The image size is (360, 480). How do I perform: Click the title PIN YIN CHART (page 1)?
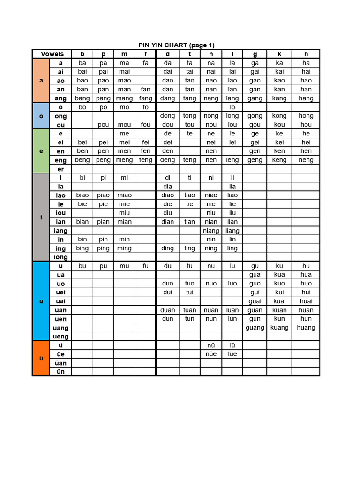pyautogui.click(x=176, y=45)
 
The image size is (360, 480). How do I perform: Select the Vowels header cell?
pyautogui.click(x=52, y=54)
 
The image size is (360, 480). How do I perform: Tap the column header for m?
pyautogui.click(x=124, y=54)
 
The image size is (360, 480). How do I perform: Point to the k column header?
pyautogui.click(x=279, y=54)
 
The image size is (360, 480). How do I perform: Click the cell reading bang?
pyautogui.click(x=82, y=98)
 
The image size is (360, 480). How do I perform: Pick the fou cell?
pyautogui.click(x=146, y=125)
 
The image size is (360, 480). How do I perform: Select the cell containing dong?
pyautogui.click(x=167, y=116)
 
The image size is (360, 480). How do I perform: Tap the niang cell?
pyautogui.click(x=211, y=231)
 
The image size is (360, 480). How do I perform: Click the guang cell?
pyautogui.click(x=255, y=328)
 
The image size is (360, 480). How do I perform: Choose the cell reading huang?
pyautogui.click(x=306, y=328)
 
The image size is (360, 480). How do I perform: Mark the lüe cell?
pyautogui.click(x=232, y=354)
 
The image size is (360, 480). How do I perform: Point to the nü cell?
pyautogui.click(x=211, y=345)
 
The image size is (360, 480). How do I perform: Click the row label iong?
pyautogui.click(x=61, y=257)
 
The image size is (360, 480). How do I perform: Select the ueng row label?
pyautogui.click(x=61, y=337)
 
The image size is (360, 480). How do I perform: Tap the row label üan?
pyautogui.click(x=61, y=363)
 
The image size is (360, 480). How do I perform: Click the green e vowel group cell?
pyautogui.click(x=41, y=151)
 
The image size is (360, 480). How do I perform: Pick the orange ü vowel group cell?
pyautogui.click(x=41, y=359)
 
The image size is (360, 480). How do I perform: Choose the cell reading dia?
pyautogui.click(x=167, y=187)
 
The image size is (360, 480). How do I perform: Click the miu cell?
pyautogui.click(x=124, y=213)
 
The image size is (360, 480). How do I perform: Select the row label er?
pyautogui.click(x=61, y=169)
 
